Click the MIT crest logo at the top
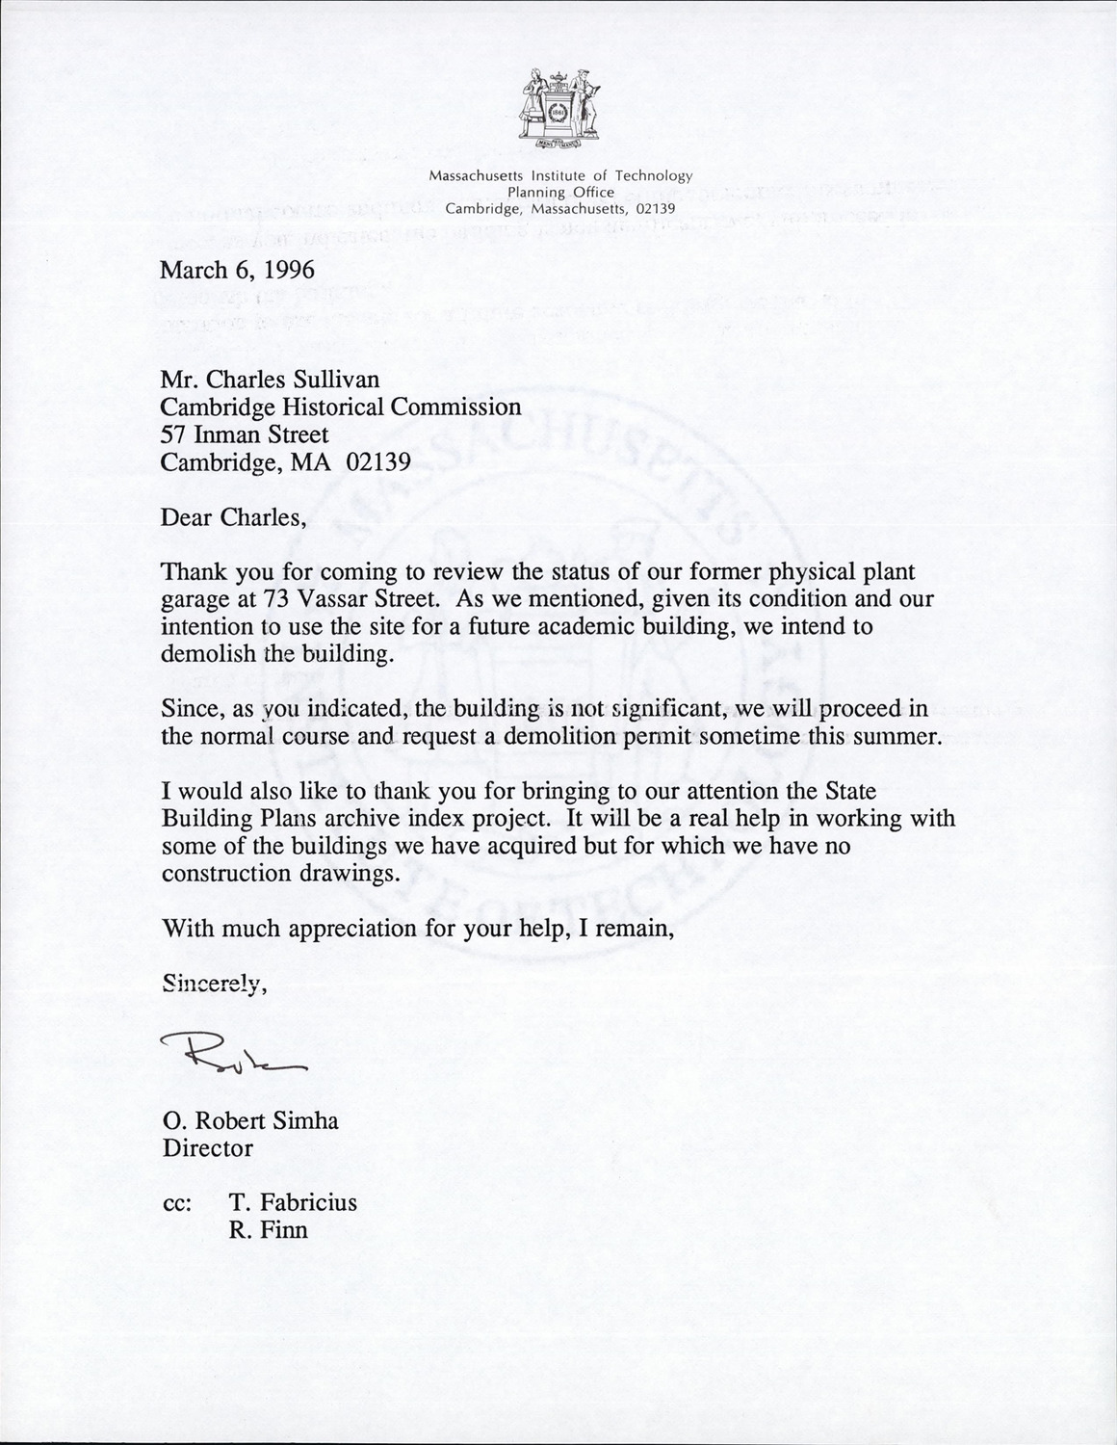[559, 111]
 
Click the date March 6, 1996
[237, 270]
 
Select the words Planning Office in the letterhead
[560, 192]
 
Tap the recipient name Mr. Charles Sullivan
[271, 381]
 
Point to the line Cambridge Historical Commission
[341, 407]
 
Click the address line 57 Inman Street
[245, 434]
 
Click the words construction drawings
[279, 874]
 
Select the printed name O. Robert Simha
[250, 1121]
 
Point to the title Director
[208, 1148]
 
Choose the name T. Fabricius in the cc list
[293, 1203]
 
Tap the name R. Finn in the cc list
[269, 1230]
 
